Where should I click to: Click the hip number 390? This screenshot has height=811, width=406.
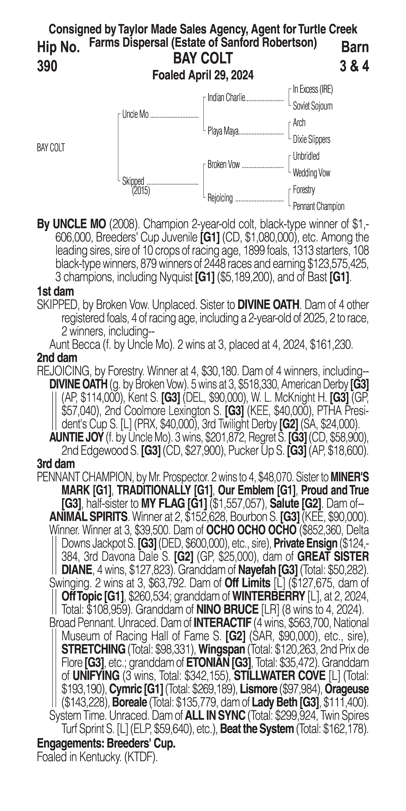[47, 66]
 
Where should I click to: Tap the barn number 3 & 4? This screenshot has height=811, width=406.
[354, 66]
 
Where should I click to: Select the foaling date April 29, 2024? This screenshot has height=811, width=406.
[203, 75]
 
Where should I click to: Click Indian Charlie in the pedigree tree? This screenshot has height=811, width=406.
[226, 98]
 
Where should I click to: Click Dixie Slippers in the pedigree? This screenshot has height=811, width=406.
[311, 139]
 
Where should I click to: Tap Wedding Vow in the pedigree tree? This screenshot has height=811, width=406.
[311, 173]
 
